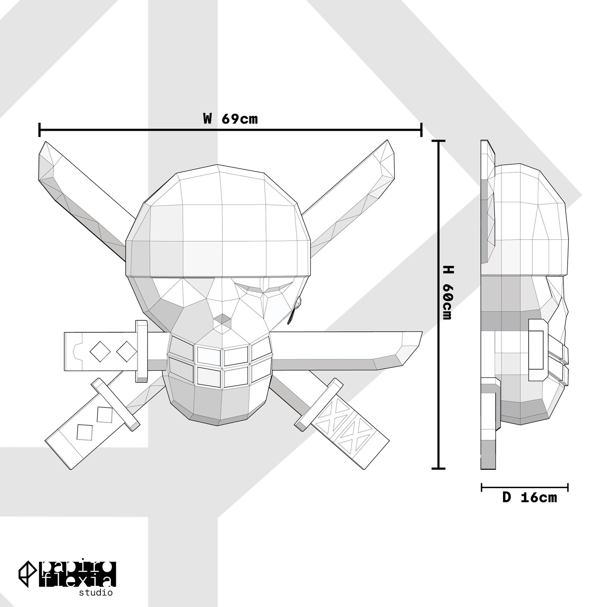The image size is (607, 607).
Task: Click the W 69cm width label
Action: (230, 118)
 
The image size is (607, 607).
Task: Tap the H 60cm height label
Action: (447, 292)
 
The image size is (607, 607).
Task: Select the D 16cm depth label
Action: (529, 497)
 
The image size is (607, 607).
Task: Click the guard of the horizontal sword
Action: (141, 351)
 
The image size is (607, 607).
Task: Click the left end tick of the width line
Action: (40, 130)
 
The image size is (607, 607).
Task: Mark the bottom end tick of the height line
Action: (438, 468)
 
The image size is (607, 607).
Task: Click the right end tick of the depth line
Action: (568, 487)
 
